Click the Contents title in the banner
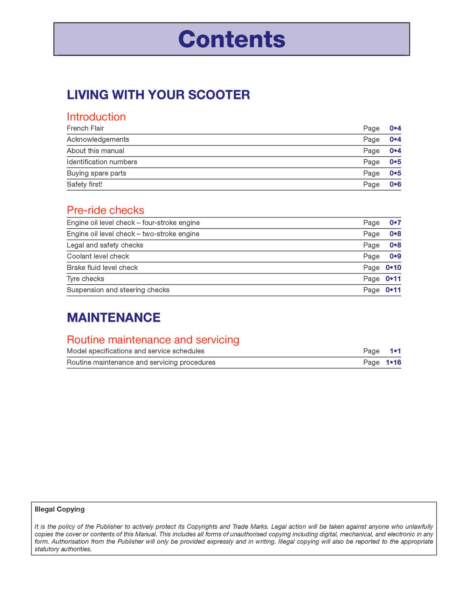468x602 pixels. pos(232,39)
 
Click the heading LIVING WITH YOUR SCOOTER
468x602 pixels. pos(158,95)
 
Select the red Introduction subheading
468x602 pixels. pos(96,117)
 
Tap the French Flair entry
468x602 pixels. pos(85,128)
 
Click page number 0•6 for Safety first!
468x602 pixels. pos(395,184)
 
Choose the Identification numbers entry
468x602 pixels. pos(102,162)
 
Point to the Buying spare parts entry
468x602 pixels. pos(96,173)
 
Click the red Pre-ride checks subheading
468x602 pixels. pos(105,210)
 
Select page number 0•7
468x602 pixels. pos(395,223)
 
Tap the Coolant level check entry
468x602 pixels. pos(98,256)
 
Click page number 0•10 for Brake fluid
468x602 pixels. pos(393,268)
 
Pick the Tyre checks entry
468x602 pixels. pos(85,279)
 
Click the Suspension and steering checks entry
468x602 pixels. pos(118,290)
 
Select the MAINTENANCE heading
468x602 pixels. pos(113,318)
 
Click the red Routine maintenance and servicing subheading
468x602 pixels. pos(153,340)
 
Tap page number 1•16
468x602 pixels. pos(393,363)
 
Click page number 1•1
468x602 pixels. pos(395,351)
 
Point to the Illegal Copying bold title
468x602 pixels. pos(60,509)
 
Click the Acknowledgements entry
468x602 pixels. pos(98,140)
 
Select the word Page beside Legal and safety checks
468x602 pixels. pos(371,245)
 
